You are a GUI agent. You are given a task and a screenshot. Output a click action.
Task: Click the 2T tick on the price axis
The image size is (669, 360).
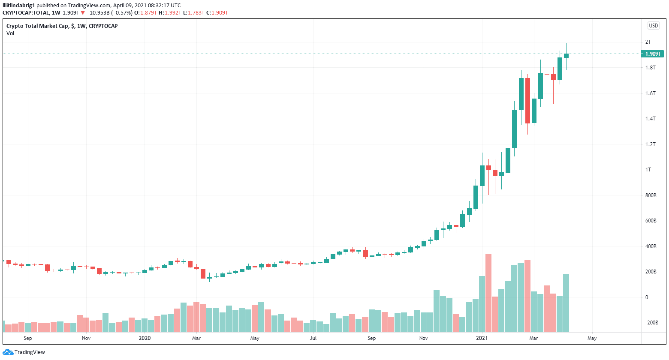coord(648,42)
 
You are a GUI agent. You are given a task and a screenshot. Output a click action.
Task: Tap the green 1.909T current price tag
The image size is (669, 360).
coord(652,54)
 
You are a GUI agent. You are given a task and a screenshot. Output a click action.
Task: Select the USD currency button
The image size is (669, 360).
coord(653,26)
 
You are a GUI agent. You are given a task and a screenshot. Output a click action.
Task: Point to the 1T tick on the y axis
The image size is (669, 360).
coord(648,170)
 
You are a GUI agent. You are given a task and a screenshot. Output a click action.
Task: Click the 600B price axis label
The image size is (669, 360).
coord(651,221)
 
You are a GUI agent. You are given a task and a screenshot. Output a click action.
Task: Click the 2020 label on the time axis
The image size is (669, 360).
coord(145,338)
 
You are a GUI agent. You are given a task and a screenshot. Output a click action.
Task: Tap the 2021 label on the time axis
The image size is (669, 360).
coord(482,338)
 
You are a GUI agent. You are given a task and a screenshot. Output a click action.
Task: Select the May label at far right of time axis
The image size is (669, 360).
coord(592,338)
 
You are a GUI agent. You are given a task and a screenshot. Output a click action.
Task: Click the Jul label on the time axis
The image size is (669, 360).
coord(313,338)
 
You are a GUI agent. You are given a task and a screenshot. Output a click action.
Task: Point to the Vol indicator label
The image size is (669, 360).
coord(10,33)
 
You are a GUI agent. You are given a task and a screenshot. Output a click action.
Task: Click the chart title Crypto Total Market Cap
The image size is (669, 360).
coord(37,26)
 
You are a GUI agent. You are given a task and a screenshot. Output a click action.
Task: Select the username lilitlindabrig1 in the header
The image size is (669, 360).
coord(19,6)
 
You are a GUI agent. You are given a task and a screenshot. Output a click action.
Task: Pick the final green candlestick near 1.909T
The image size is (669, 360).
coord(566,56)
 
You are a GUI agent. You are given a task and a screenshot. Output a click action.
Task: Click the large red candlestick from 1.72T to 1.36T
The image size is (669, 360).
coord(527,101)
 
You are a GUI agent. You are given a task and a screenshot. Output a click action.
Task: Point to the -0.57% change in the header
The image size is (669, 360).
coord(122,13)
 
